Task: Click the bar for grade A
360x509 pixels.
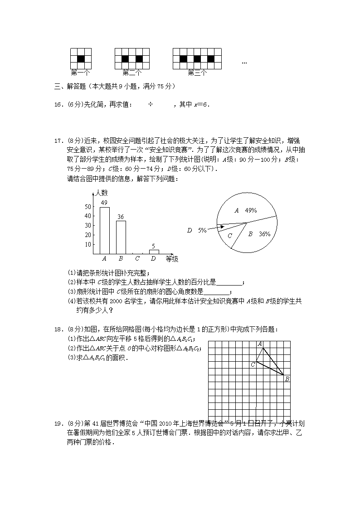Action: [x=104, y=230]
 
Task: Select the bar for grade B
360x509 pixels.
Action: [x=121, y=237]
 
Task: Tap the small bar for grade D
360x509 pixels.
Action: [x=154, y=252]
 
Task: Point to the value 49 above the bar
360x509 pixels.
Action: [x=104, y=203]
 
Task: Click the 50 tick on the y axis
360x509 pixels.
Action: [x=88, y=207]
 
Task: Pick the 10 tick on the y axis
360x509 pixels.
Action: [x=88, y=244]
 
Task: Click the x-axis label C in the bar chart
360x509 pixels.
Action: [x=137, y=259]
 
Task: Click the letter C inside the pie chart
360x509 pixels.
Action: [x=230, y=236]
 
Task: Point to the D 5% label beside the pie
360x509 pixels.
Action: [x=197, y=230]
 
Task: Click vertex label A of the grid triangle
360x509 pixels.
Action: [x=260, y=344]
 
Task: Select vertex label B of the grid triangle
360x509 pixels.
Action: [x=287, y=379]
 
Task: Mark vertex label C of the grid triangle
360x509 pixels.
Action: [x=253, y=364]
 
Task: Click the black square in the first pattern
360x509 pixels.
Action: [x=81, y=58]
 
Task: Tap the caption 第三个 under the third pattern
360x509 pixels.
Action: [x=197, y=72]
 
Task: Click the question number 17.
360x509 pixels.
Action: [x=58, y=141]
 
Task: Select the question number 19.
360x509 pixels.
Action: [x=58, y=424]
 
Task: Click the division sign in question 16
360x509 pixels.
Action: [x=151, y=105]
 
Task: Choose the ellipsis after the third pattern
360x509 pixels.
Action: [x=244, y=62]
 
